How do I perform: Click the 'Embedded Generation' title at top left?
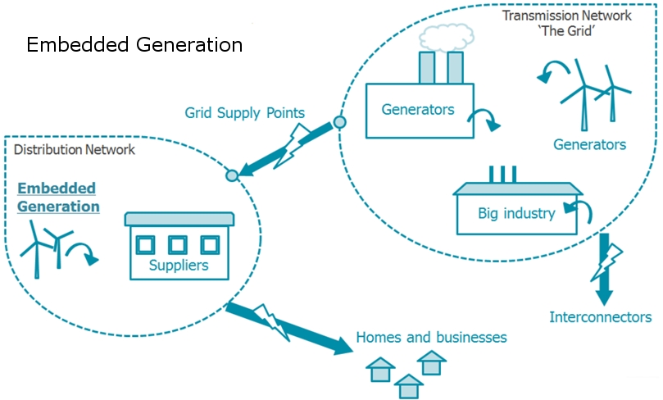pos(134,44)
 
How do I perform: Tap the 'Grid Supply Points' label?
pos(244,113)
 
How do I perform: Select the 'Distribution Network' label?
pos(75,149)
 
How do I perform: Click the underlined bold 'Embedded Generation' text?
pos(58,197)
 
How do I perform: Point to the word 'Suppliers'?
pos(179,265)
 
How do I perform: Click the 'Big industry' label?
pos(516,213)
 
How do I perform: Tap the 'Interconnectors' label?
pos(601,317)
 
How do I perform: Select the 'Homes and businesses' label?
pos(431,337)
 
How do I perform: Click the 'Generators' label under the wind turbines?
pos(589,144)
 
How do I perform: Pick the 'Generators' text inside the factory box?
pos(418,110)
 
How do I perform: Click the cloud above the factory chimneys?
pos(446,37)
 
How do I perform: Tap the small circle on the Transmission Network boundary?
pos(339,122)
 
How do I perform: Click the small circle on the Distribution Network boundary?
pos(232,175)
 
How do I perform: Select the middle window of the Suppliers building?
pos(178,245)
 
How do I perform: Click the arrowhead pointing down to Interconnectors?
pos(604,297)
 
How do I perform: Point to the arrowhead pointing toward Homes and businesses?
pos(343,346)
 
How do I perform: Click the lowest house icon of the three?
pos(408,385)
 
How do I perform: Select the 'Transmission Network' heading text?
pos(566,16)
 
